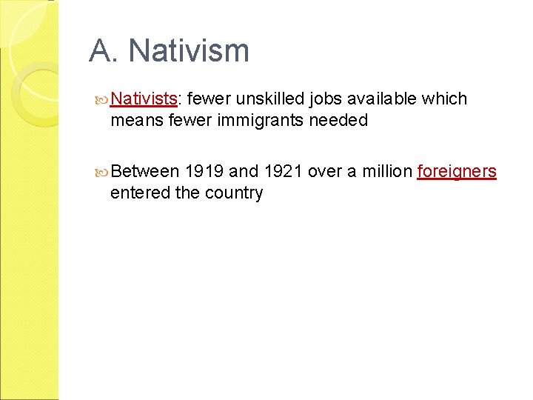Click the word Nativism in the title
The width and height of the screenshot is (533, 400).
click(189, 52)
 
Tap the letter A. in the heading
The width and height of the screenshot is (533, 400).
click(104, 52)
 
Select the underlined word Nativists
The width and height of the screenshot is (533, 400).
click(143, 99)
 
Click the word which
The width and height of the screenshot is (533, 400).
click(444, 99)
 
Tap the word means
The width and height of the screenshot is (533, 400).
click(136, 120)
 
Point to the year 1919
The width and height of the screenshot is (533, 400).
click(204, 172)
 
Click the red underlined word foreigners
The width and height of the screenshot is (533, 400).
click(457, 172)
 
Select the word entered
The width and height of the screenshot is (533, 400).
click(135, 193)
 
